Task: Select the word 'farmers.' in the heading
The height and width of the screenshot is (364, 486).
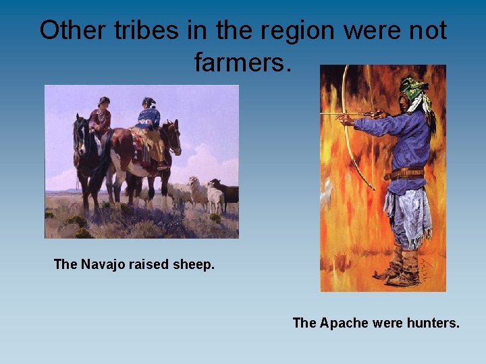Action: point(242,63)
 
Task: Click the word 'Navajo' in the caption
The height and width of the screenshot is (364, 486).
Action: point(102,265)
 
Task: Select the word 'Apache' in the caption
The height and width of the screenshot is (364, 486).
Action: point(343,323)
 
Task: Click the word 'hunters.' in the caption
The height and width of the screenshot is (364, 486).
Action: point(431,323)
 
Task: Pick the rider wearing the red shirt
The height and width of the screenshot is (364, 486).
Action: point(101,118)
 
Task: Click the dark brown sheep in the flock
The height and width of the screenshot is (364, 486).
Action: point(227,192)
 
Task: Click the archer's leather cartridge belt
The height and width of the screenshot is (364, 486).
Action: point(405,173)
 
